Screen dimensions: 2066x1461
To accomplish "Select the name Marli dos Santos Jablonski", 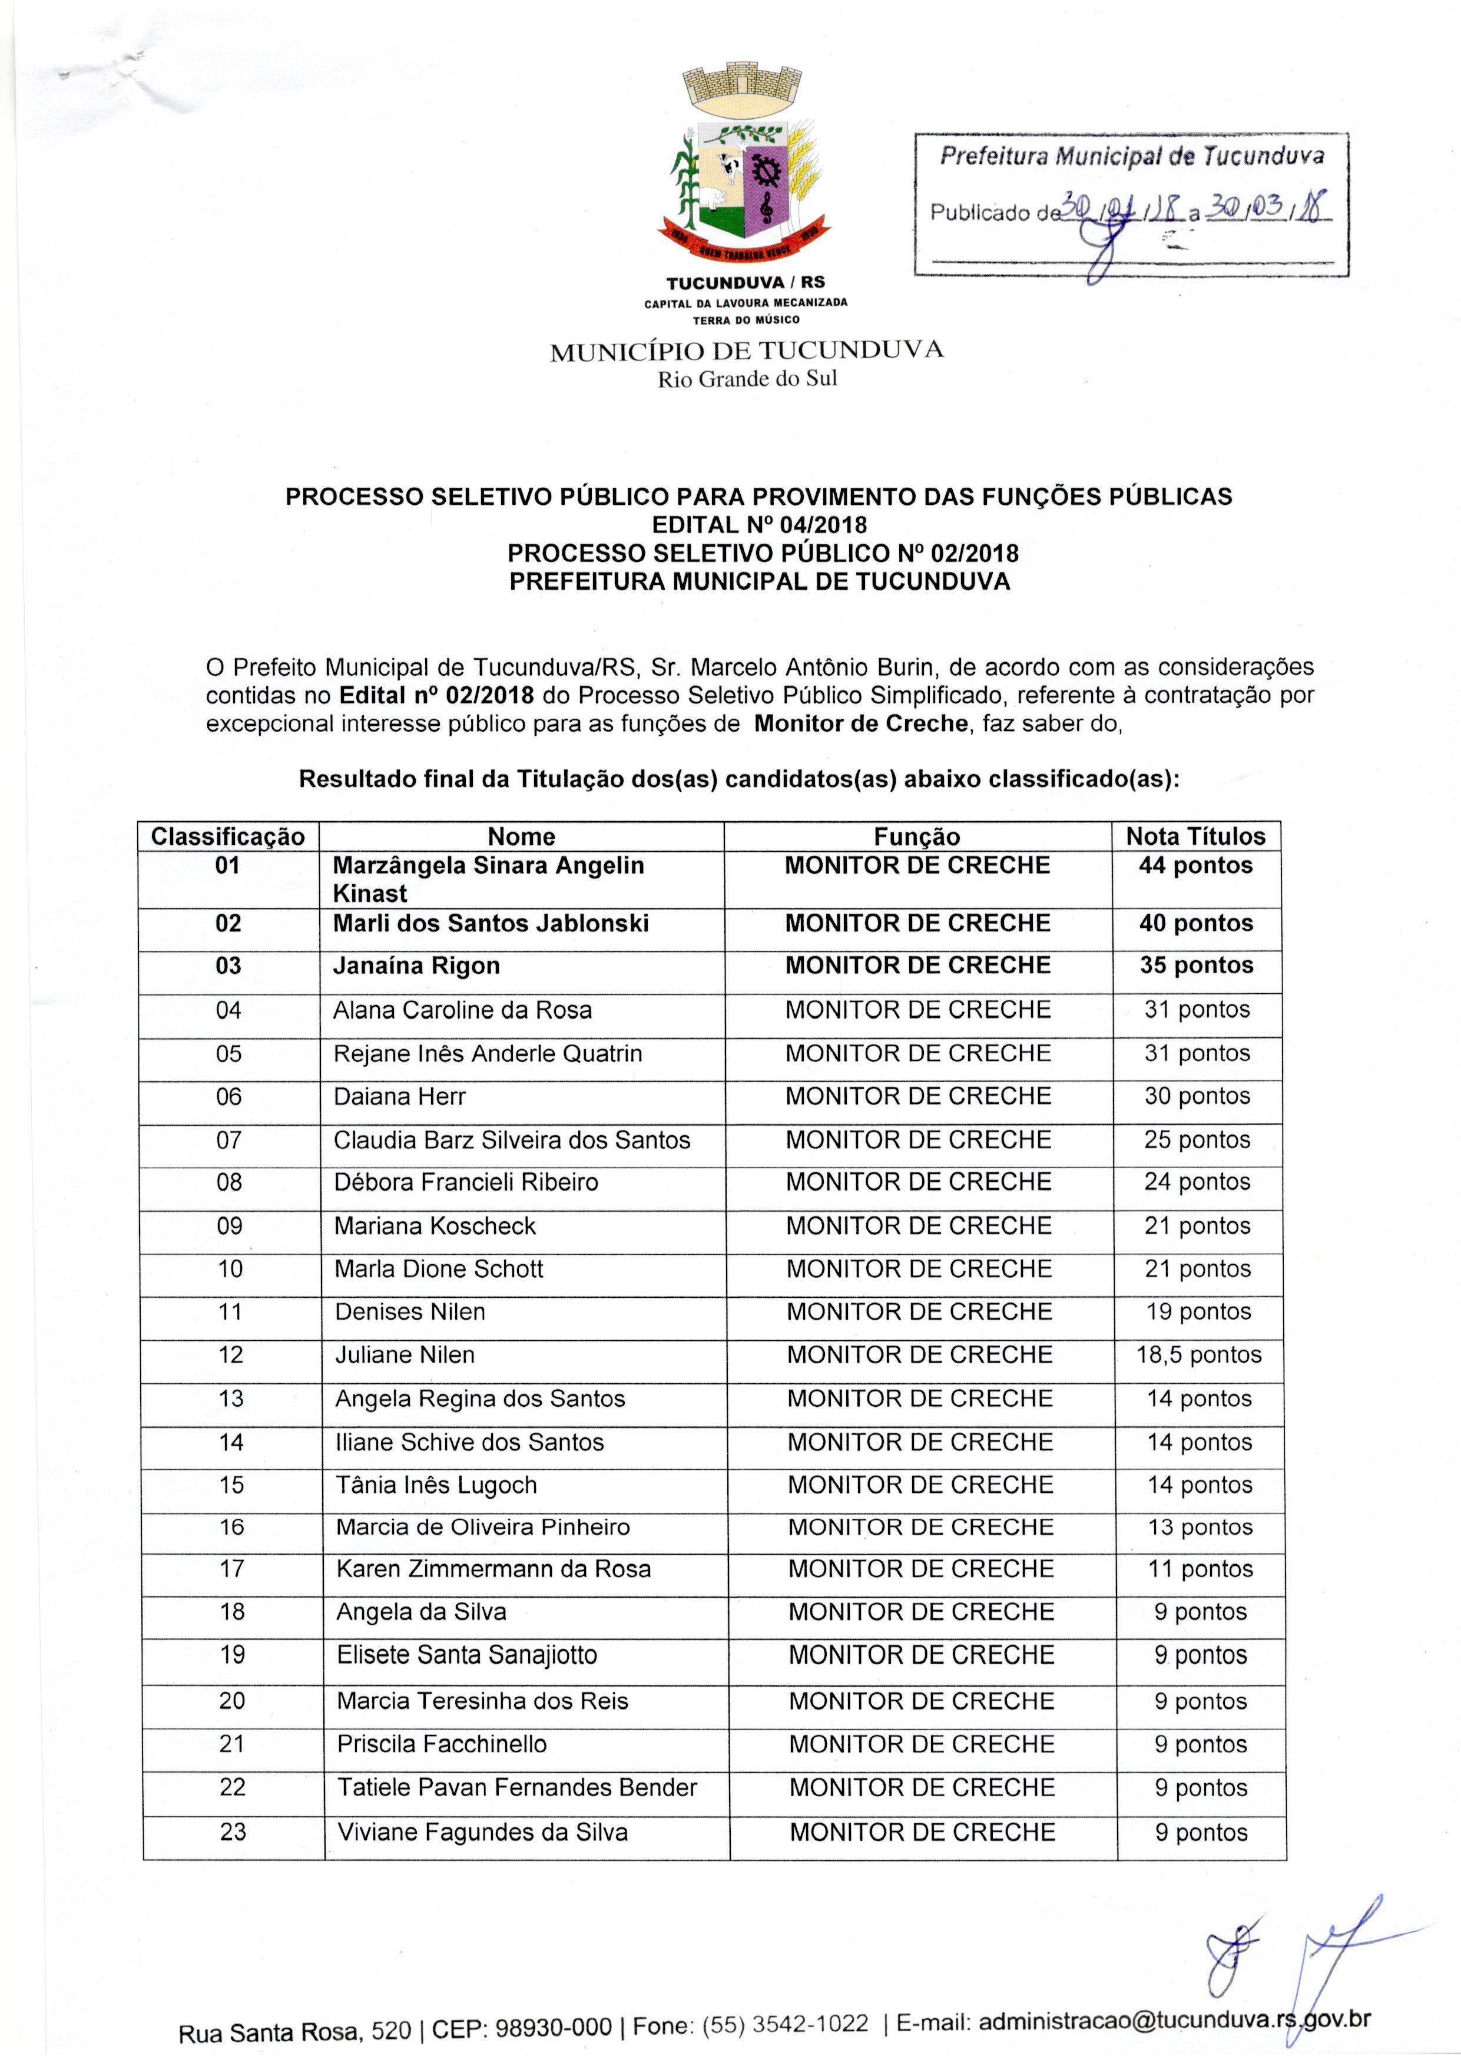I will click(x=491, y=923).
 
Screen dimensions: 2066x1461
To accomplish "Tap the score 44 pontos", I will click(x=1195, y=865).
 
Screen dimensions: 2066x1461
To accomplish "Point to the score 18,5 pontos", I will click(x=1198, y=1355).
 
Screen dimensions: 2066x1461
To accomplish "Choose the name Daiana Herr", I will click(x=399, y=1097).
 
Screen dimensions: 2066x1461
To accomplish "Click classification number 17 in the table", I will click(x=232, y=1569).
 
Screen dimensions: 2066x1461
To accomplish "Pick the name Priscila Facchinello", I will click(x=442, y=1744).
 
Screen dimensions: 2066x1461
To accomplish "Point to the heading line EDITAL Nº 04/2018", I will click(x=759, y=524).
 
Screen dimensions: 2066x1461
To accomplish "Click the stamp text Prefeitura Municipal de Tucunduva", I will click(x=1132, y=157).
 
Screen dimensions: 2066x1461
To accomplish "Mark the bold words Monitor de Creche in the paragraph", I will click(x=861, y=723).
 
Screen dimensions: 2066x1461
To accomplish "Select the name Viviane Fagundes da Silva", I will click(x=482, y=1832).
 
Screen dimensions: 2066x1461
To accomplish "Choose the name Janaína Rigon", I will click(x=416, y=966).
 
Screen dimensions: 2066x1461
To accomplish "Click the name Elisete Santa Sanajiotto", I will click(x=467, y=1655).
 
